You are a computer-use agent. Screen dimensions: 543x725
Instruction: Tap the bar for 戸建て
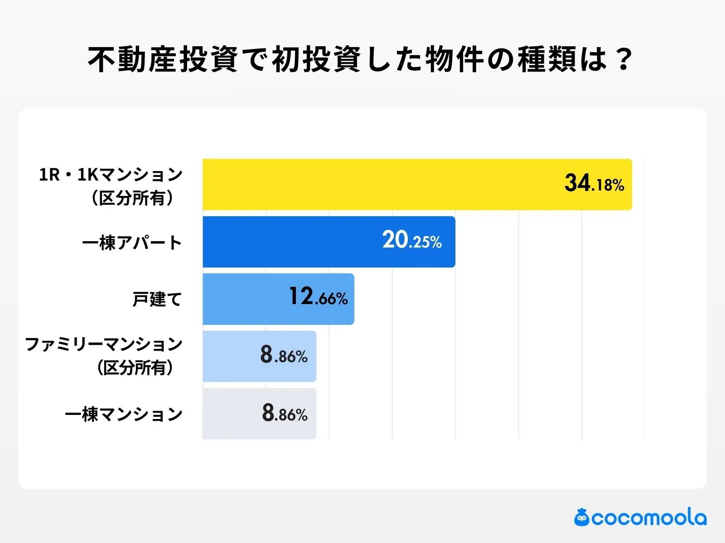point(245,299)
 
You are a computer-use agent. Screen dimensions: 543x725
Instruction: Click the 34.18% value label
point(594,184)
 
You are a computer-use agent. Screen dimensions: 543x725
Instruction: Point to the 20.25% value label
point(411,240)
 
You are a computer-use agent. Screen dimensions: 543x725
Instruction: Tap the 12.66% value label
point(318,297)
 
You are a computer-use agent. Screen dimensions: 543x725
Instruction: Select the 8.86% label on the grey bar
point(285,413)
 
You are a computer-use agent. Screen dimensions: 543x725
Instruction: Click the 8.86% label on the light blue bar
point(284,355)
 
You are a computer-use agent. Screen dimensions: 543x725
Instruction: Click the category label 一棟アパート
point(132,243)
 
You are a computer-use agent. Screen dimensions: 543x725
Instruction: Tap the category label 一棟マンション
point(124,414)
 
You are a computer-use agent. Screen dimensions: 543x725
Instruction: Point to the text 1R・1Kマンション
point(111,175)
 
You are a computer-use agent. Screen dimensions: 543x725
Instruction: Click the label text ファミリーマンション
point(104,344)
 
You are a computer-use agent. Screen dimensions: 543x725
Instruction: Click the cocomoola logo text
point(648,518)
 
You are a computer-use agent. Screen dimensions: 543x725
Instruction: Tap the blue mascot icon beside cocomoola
point(581,518)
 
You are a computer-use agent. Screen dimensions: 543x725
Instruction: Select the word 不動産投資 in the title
point(163,59)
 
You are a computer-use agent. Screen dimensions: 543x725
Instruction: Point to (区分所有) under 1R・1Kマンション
point(132,198)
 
